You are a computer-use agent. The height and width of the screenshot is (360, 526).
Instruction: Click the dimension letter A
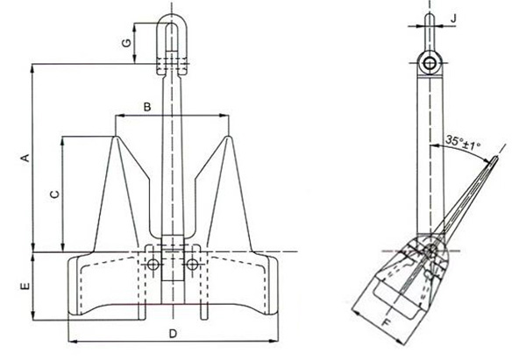click(25, 158)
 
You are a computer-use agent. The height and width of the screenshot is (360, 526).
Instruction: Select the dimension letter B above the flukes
click(147, 106)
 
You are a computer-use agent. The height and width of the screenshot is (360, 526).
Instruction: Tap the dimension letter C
click(54, 194)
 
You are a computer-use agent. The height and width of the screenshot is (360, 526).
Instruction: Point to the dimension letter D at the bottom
click(173, 334)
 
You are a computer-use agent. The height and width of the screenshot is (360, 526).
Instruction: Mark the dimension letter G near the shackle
click(126, 43)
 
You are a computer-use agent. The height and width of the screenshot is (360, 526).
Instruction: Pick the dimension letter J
click(453, 15)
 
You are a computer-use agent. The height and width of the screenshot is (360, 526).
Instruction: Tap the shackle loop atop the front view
click(173, 35)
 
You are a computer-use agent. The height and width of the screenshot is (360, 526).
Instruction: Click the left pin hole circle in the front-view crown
click(153, 264)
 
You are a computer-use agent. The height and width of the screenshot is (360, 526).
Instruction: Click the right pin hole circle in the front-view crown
click(192, 264)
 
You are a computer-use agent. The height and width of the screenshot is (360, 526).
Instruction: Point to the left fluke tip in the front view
click(117, 137)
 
